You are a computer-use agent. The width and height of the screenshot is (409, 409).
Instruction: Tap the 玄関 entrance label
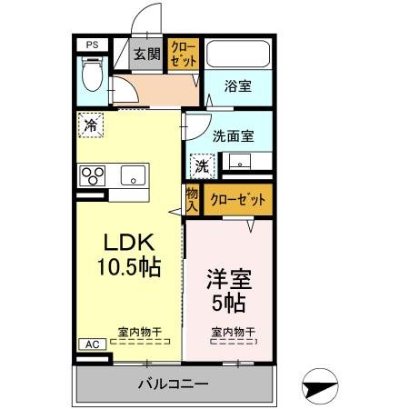point(146,54)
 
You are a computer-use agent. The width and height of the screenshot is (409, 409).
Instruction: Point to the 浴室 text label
point(238,87)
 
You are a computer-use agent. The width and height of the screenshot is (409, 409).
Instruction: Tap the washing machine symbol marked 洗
point(202,165)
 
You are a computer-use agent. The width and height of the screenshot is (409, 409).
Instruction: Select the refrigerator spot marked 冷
point(91,125)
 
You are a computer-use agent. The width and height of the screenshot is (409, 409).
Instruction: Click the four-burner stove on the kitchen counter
point(93,175)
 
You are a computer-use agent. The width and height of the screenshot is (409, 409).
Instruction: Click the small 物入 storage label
point(192,200)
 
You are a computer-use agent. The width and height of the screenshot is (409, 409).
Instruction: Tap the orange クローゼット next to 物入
point(237,200)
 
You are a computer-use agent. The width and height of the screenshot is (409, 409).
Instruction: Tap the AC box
point(92,344)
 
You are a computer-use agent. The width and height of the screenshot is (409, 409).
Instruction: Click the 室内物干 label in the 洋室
point(233,333)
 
